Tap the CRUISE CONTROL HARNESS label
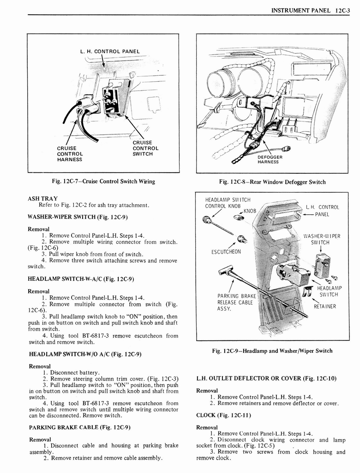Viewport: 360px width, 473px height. [70, 154]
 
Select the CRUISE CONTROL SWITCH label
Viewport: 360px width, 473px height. [145, 148]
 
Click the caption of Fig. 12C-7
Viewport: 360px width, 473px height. [103, 182]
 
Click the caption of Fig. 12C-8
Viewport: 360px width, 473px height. [272, 182]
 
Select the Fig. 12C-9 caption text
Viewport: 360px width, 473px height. [272, 351]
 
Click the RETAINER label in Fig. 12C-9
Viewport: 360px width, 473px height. [325, 306]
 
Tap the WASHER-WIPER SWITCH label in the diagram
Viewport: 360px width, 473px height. [322, 239]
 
